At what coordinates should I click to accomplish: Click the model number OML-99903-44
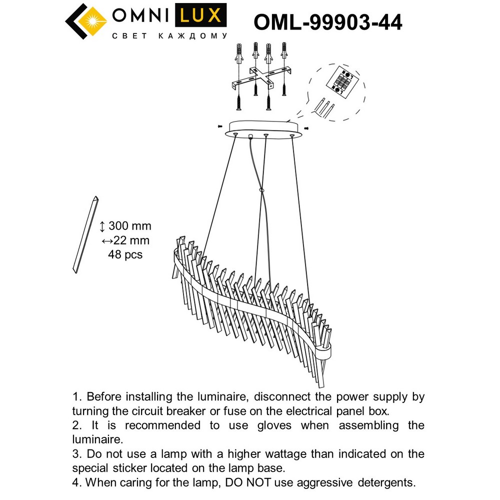click(328, 21)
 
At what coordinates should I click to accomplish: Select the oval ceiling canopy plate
click(264, 127)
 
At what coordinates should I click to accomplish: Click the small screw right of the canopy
click(306, 128)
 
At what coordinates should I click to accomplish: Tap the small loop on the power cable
click(260, 190)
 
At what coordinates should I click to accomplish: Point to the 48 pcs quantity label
click(125, 254)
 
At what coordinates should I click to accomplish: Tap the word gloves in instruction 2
click(272, 425)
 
